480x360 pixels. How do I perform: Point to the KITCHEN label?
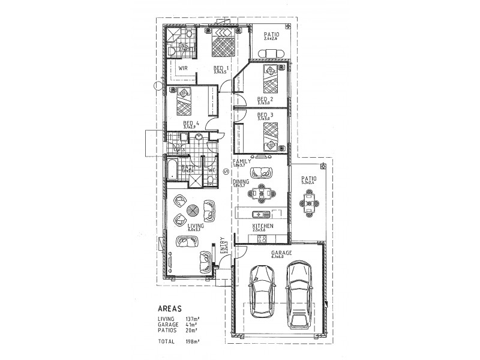(x=263, y=226)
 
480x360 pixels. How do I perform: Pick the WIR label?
(x=184, y=68)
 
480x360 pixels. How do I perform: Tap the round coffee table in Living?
(x=193, y=211)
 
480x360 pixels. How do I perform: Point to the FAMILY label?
(x=242, y=161)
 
